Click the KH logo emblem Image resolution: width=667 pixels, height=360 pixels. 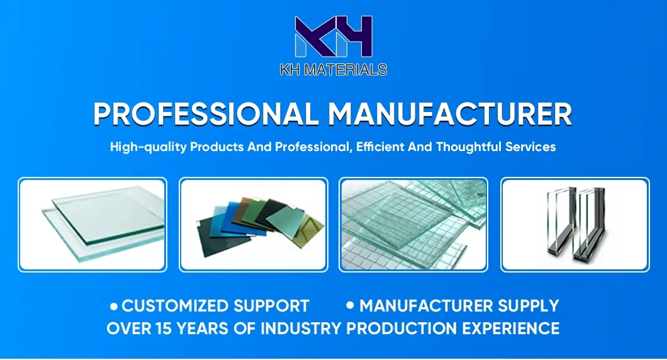[x=333, y=37]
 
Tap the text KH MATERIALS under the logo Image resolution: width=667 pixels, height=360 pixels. [x=333, y=70]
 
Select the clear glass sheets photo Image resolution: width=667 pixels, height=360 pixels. [x=92, y=225]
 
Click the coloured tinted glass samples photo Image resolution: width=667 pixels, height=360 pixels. [x=253, y=225]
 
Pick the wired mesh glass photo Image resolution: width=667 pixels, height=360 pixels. [x=413, y=225]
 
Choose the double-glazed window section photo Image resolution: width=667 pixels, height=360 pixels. [x=575, y=225]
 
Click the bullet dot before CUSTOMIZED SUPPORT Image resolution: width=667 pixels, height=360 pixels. [x=114, y=307]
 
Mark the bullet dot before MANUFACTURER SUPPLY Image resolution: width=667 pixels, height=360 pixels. [x=350, y=306]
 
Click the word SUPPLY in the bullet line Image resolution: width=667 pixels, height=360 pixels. [x=529, y=307]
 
